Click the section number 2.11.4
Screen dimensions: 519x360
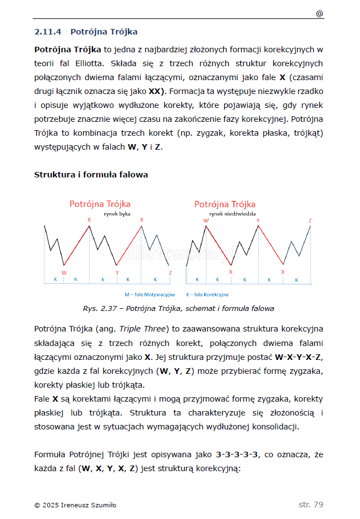click(49, 32)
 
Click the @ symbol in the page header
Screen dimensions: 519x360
click(319, 13)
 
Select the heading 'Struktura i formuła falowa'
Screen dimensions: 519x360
click(91, 175)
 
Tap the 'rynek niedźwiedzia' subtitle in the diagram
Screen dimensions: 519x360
click(232, 214)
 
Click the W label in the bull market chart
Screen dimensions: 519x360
click(64, 273)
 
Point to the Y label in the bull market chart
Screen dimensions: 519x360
click(117, 273)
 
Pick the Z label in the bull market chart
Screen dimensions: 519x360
click(170, 273)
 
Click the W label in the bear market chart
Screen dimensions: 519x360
click(206, 220)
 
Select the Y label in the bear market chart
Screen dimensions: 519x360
click(258, 220)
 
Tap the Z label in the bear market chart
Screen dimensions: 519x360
click(310, 220)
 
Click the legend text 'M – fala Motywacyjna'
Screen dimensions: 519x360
click(150, 294)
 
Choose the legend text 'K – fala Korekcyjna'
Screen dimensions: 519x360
click(207, 294)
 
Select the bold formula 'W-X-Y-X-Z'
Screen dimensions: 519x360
click(299, 357)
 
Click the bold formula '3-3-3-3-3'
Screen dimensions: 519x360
click(237, 454)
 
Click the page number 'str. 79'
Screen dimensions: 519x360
click(310, 505)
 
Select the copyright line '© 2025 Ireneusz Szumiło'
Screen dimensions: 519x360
click(75, 505)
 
